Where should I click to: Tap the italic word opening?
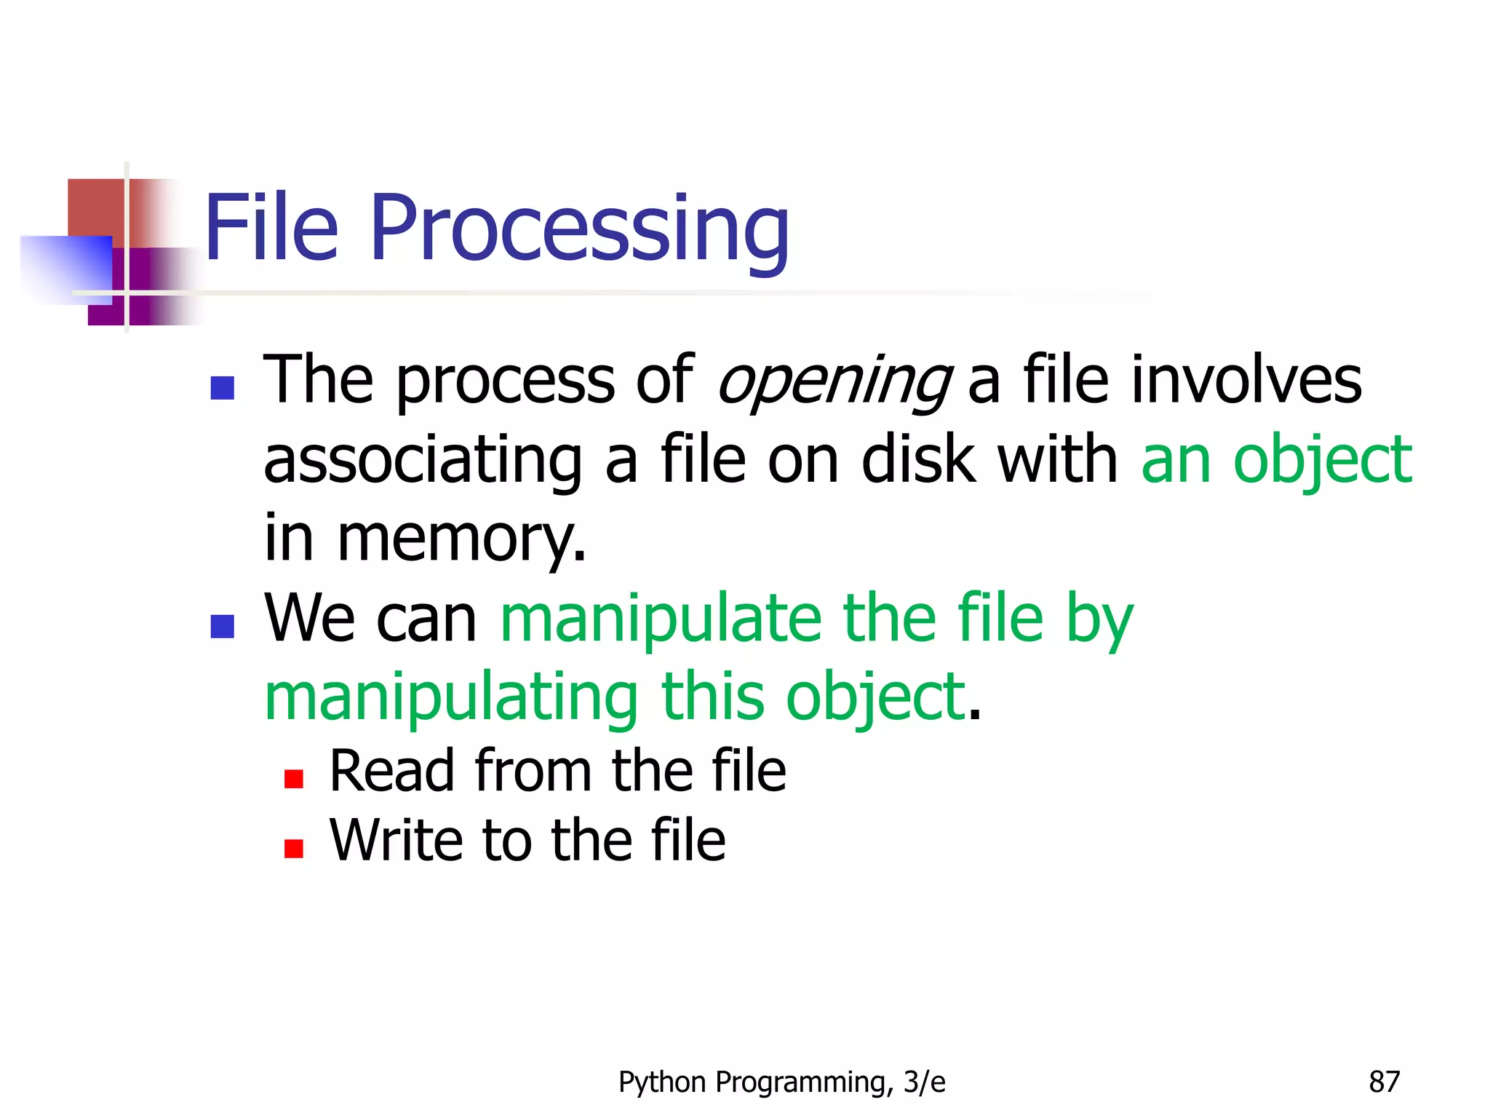pyautogui.click(x=834, y=381)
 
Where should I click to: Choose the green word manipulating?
pyautogui.click(x=451, y=699)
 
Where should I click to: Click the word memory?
pyautogui.click(x=461, y=540)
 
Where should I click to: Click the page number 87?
pyautogui.click(x=1384, y=1082)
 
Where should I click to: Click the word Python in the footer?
pyautogui.click(x=663, y=1083)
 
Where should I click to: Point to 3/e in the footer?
pyautogui.click(x=924, y=1082)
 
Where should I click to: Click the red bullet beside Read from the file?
pyautogui.click(x=294, y=779)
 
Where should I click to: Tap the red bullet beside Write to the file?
pyautogui.click(x=294, y=849)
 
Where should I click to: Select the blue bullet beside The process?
pyautogui.click(x=222, y=388)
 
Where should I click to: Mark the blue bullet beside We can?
pyautogui.click(x=222, y=626)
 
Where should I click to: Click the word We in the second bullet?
pyautogui.click(x=308, y=619)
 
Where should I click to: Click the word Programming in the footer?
pyautogui.click(x=804, y=1083)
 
